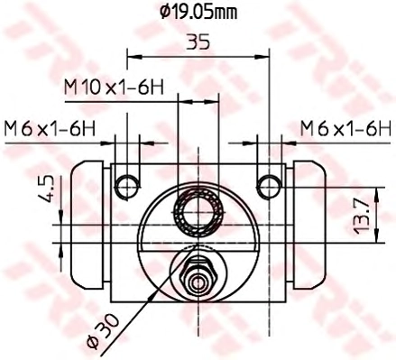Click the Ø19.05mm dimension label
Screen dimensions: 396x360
(x=198, y=13)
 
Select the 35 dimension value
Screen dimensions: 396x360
(x=198, y=42)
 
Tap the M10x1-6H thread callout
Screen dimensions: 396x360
(x=114, y=88)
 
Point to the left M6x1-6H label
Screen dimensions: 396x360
(x=50, y=129)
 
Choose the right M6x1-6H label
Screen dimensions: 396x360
(x=345, y=128)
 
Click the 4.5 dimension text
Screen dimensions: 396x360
(x=47, y=189)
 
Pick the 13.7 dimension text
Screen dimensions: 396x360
(x=361, y=217)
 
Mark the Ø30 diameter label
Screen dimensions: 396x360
(x=103, y=331)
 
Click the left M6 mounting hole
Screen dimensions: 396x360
(x=127, y=187)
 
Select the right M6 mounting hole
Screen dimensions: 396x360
(x=269, y=187)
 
